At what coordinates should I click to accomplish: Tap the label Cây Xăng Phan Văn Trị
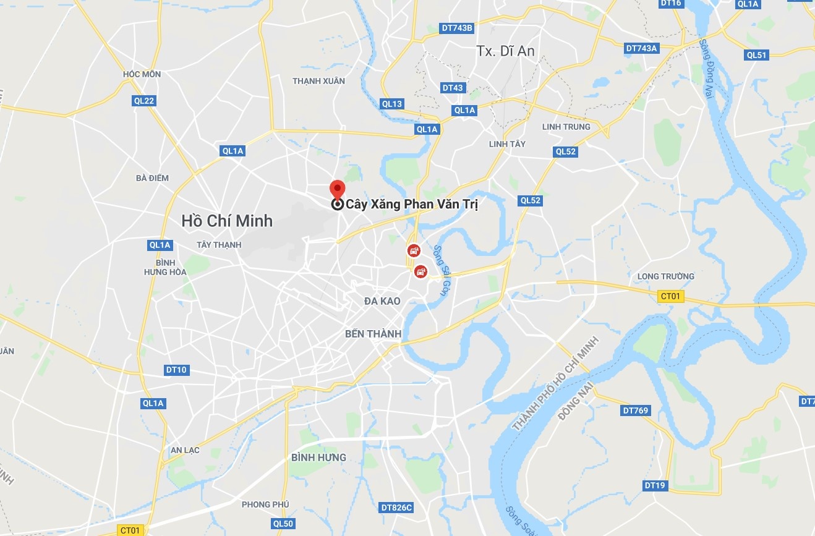click(x=411, y=204)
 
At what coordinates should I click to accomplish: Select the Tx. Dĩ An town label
click(x=505, y=51)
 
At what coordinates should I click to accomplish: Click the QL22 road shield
click(x=143, y=101)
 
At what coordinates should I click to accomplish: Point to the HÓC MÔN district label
click(x=142, y=74)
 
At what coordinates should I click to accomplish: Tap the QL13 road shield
click(x=392, y=104)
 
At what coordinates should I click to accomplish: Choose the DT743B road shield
click(x=457, y=28)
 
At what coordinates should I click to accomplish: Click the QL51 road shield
click(x=756, y=55)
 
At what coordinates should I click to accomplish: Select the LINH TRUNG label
click(x=566, y=127)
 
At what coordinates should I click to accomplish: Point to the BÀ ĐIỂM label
click(x=152, y=178)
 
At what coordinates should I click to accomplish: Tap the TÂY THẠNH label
click(x=219, y=245)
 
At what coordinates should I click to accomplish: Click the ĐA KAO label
click(x=382, y=301)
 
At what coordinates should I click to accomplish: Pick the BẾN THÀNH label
click(x=373, y=334)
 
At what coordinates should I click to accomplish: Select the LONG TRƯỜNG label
click(x=665, y=276)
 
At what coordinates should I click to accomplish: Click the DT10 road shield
click(x=176, y=370)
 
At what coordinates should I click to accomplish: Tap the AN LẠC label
click(x=185, y=450)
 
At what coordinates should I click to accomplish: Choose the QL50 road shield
click(x=283, y=524)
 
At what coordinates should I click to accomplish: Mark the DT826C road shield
click(x=396, y=508)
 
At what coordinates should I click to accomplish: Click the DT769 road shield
click(x=635, y=411)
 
